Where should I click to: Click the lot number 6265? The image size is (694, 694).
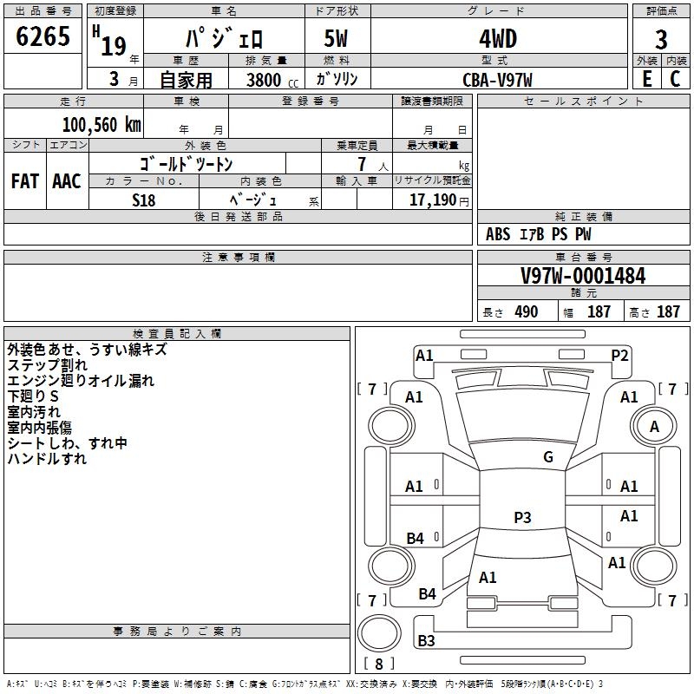43,36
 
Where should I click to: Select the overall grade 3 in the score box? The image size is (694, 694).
661,39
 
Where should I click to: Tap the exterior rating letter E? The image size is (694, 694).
646,79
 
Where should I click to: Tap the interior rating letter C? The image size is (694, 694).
675,79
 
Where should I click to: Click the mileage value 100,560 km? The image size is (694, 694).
101,125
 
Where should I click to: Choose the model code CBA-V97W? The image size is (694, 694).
497,80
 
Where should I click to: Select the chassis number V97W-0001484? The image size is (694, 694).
583,276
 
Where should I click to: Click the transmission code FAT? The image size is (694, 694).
25,181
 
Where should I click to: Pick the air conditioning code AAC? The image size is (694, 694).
67,181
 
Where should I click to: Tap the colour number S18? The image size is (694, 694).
144,200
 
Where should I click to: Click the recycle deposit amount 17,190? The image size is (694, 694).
433,200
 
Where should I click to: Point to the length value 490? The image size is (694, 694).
527,311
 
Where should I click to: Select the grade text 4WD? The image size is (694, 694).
498,39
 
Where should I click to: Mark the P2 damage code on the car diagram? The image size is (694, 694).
619,355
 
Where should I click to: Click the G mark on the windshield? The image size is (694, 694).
548,456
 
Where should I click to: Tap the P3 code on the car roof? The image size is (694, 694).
522,517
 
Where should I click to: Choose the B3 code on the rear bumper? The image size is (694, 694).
426,640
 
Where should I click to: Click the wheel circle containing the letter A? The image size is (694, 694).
654,426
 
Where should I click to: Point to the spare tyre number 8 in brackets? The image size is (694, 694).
379,664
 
